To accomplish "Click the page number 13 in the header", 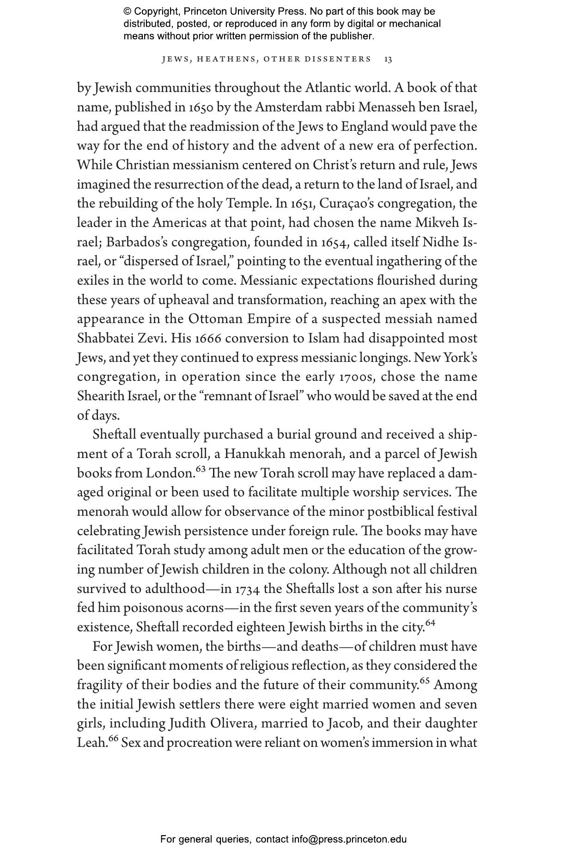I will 388,59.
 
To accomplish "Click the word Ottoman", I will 215,319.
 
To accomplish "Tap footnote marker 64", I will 430,623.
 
